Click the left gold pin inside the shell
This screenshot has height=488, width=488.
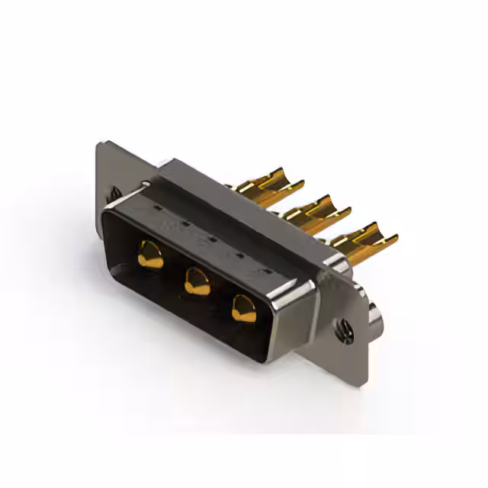(150, 255)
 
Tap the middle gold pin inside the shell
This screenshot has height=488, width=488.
(197, 281)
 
